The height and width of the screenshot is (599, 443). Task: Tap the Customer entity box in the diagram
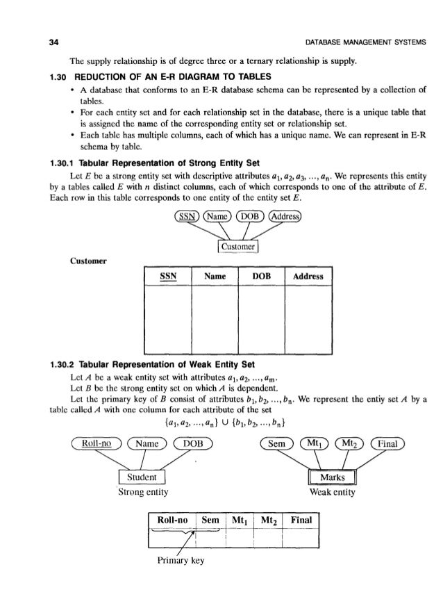237,247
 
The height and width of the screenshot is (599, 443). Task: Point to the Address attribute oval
292,215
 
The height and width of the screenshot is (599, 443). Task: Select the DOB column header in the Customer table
260,277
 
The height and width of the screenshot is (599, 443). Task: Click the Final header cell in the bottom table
301,541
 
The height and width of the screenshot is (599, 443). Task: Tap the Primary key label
174,582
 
